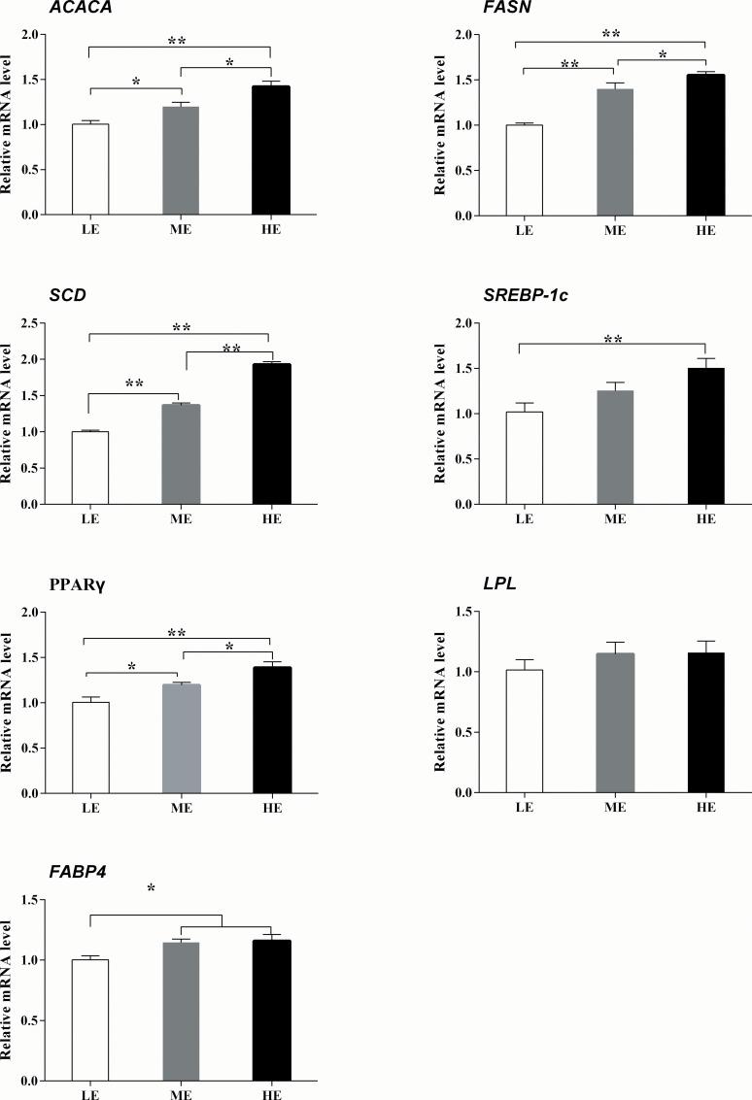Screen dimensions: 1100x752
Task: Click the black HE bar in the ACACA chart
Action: [271, 150]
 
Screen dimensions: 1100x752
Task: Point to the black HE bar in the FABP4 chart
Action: [271, 1010]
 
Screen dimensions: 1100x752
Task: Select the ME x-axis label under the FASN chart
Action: [614, 231]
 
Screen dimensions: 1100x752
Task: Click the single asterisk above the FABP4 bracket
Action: [152, 888]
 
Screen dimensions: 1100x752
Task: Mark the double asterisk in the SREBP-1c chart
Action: [613, 340]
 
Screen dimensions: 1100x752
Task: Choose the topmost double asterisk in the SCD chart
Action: [181, 327]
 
